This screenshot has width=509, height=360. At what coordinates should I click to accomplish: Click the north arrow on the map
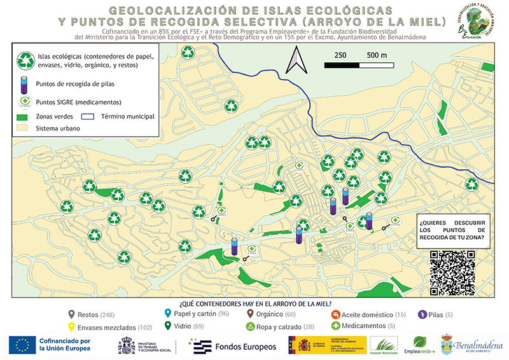(296, 62)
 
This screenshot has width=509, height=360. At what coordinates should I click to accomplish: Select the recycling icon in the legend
(26, 60)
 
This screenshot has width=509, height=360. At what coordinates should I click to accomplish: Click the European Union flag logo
(22, 345)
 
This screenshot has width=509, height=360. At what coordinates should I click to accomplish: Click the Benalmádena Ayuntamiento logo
(473, 345)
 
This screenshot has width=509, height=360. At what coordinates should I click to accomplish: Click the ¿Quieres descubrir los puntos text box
(453, 230)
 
